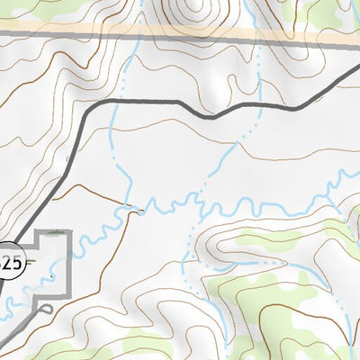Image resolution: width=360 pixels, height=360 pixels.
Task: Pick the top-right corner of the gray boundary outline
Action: click(x=71, y=231)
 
